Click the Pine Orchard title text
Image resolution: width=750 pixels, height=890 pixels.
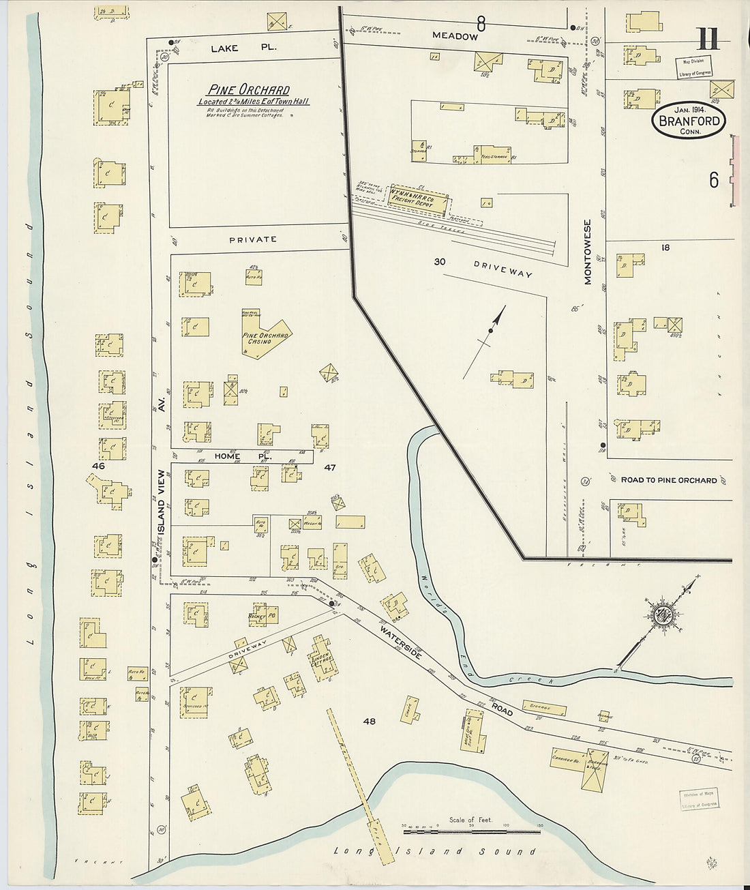[x=248, y=90]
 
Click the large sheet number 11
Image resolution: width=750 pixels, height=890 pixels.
[x=708, y=40]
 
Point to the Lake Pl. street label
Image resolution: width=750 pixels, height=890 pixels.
[x=234, y=48]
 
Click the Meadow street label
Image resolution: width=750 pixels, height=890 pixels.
[x=455, y=36]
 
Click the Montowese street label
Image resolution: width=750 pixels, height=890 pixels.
[x=588, y=251]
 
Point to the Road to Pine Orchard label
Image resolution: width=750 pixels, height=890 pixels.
[x=668, y=480]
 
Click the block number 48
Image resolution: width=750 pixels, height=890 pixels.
[x=369, y=721]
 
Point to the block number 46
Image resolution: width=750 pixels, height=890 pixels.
[x=99, y=466]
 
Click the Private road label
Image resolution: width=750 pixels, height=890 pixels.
[x=253, y=239]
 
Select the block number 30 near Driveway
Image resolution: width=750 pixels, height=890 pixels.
[x=440, y=262]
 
